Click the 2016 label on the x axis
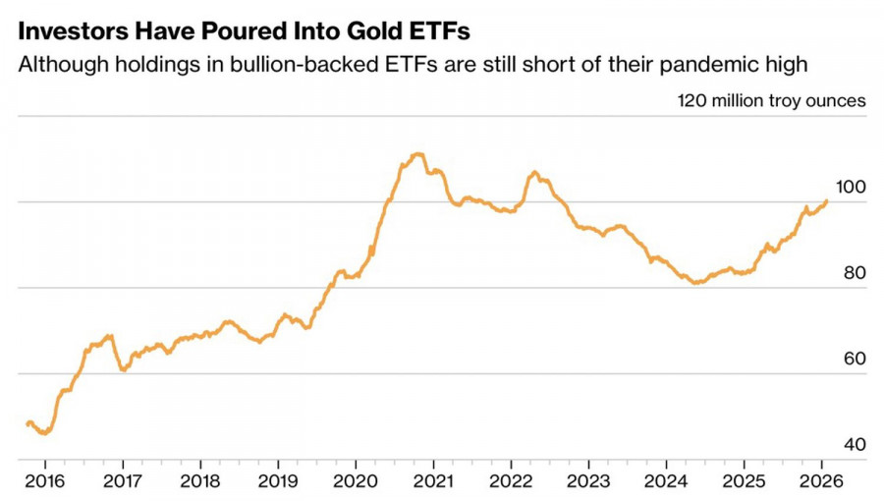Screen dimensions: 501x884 45,482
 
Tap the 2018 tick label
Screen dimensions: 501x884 200,482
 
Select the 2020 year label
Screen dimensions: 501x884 355,482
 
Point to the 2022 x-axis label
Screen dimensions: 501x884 510,482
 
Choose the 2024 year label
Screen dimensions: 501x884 665,482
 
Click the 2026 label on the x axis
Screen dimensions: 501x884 820,482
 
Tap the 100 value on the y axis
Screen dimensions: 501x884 850,187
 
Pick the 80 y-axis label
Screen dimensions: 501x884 854,272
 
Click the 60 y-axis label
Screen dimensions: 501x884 854,359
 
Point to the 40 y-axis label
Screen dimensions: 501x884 854,445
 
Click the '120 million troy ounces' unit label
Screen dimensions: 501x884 771,100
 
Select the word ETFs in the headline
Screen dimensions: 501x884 439,31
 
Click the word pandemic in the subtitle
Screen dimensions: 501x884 703,66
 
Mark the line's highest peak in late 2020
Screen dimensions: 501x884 417,153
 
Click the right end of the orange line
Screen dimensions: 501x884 826,201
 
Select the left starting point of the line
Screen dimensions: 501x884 28,423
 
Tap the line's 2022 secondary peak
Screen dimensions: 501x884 534,173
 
